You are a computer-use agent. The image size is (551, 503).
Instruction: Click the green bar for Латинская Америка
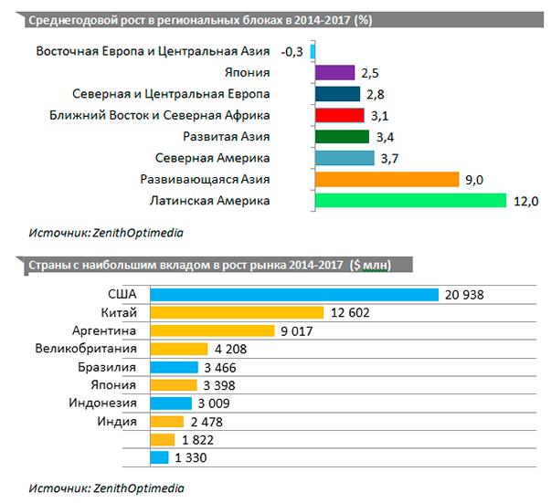pos(409,200)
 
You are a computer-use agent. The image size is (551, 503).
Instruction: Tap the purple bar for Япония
pos(334,72)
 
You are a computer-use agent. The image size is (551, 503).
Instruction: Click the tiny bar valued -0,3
pos(313,51)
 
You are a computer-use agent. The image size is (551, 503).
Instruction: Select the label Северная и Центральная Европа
pos(172,94)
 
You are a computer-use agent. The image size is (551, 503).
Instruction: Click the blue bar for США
pos(294,294)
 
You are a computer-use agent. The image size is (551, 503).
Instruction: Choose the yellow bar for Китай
pos(237,312)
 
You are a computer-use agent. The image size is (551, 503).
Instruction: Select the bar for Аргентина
pos(212,330)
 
